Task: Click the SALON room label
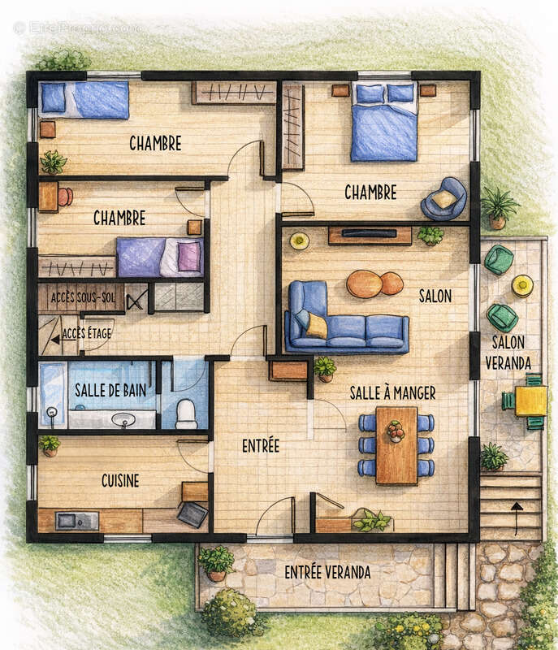coord(435,296)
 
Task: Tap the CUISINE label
coord(120,481)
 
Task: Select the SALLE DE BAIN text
coord(110,390)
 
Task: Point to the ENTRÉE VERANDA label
coord(327,573)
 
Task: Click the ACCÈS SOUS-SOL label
coord(83,297)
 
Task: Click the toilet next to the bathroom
coord(186,414)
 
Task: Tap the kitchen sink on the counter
coord(77,521)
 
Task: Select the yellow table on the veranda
coord(531,401)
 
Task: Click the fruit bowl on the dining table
coord(396,431)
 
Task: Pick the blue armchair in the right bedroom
coord(444,199)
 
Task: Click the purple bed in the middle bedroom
coord(160,257)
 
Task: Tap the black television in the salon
coord(369,233)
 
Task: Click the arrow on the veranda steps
coord(517,518)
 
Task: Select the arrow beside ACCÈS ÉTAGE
coord(60,340)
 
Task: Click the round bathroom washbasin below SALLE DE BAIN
coord(123,420)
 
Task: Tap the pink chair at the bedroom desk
coord(66,197)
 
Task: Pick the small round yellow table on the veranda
coord(522,286)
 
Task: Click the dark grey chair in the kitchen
coord(192,514)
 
